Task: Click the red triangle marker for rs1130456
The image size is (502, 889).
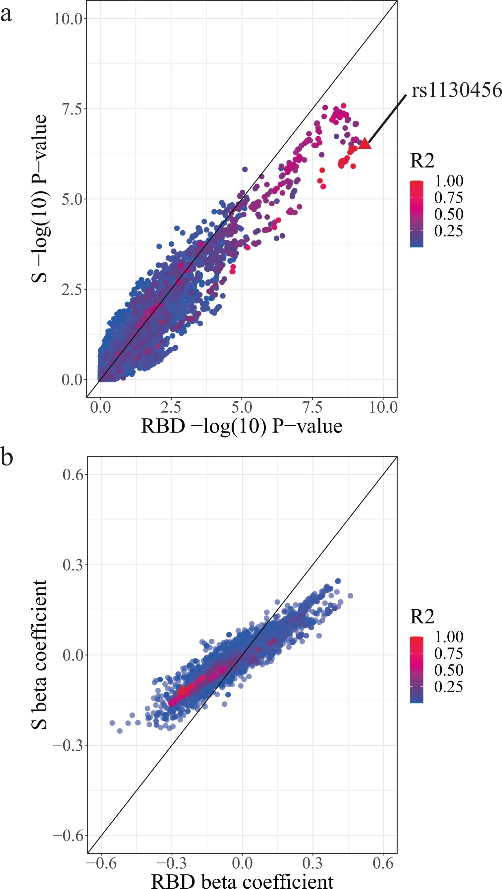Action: [x=365, y=144]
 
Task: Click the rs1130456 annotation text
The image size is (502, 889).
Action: [x=456, y=90]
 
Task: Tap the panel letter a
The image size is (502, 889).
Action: [x=6, y=15]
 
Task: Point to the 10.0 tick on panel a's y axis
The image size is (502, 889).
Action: [x=68, y=19]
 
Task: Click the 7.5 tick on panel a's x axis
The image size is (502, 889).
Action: [x=312, y=408]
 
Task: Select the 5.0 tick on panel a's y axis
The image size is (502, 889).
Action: [x=72, y=199]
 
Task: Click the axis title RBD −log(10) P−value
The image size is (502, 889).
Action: [x=242, y=426]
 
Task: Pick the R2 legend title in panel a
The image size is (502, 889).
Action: [x=422, y=161]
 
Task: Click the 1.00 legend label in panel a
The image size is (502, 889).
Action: [x=449, y=181]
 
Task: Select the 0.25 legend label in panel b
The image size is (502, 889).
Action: [x=449, y=686]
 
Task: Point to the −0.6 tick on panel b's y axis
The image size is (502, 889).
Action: [x=68, y=836]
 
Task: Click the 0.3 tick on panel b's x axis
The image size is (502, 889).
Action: [x=312, y=863]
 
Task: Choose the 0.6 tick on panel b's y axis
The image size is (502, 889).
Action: [x=73, y=475]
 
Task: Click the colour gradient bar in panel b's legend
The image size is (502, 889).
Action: [x=417, y=669]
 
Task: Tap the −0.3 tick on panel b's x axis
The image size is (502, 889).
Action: [x=171, y=863]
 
